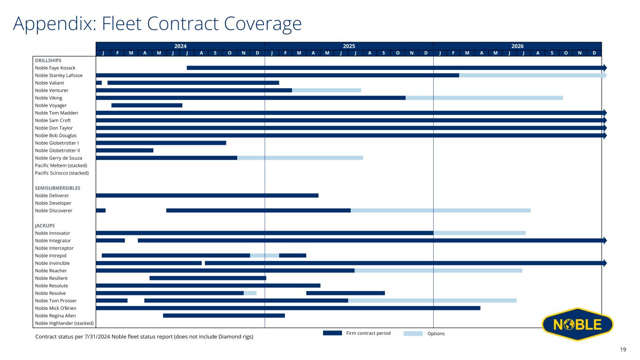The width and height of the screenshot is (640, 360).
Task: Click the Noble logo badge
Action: click(577, 324)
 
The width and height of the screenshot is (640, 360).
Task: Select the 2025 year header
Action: click(349, 46)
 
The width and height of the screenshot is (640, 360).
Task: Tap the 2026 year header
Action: click(517, 46)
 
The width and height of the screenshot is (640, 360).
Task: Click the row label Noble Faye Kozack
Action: click(55, 68)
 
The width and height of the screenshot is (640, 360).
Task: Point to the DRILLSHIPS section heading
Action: click(48, 60)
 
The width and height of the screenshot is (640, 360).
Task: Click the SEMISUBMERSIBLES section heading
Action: click(58, 188)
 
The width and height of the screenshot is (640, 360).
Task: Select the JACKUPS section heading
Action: click(45, 225)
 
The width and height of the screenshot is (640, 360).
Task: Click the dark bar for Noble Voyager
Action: click(147, 105)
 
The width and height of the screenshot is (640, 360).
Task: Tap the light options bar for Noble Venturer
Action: click(326, 90)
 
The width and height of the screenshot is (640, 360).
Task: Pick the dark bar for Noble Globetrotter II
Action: click(125, 150)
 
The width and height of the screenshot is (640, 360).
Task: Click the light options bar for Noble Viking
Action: click(484, 98)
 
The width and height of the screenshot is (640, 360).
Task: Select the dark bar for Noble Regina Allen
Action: click(224, 315)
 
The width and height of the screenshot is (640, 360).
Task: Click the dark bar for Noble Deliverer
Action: click(207, 195)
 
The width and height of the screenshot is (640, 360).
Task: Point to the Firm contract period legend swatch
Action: click(332, 333)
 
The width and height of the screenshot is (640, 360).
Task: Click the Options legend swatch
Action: click(413, 333)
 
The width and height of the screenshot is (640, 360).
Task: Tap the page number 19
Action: click(623, 349)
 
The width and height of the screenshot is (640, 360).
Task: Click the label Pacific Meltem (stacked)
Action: click(61, 165)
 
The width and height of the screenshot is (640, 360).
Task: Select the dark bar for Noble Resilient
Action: click(208, 278)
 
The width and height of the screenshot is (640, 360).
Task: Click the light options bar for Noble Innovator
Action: click(479, 233)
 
